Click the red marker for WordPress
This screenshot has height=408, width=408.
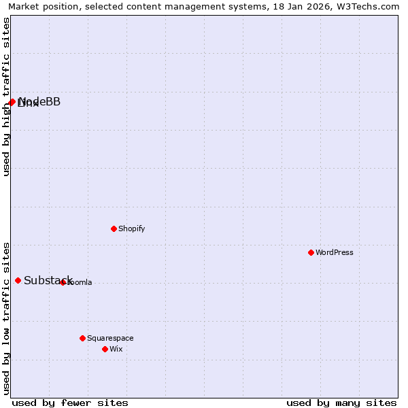(311, 252)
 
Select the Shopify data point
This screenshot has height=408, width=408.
(114, 228)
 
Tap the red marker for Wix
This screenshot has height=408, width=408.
(105, 349)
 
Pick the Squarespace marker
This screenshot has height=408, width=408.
(82, 338)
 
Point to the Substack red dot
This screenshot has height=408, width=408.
(18, 280)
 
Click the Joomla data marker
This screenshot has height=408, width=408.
(63, 282)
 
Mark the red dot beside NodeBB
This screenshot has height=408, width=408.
(12, 102)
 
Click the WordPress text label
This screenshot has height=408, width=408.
(335, 252)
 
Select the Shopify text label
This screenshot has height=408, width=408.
(132, 228)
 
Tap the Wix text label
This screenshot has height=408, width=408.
(116, 349)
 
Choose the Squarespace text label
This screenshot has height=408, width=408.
(110, 338)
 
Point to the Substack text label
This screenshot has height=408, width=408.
(48, 280)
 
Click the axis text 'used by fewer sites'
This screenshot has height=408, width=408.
(70, 403)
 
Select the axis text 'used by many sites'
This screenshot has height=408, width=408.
(341, 403)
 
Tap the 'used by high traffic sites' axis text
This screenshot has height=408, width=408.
(6, 97)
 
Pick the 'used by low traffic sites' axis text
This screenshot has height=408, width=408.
(6, 318)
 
